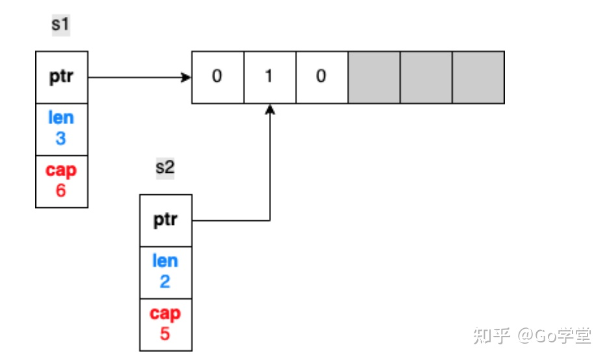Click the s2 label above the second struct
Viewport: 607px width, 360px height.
coord(165,168)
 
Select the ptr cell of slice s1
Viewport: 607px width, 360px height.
coord(61,77)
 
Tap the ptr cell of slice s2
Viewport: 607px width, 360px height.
coord(166,220)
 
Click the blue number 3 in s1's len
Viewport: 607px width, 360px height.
coord(61,138)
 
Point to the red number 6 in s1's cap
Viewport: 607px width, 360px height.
coord(61,191)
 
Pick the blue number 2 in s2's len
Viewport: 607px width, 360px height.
coord(165,282)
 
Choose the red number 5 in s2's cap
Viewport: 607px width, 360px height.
coord(165,335)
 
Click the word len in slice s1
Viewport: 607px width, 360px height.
coord(61,119)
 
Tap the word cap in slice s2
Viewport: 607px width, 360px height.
coord(165,314)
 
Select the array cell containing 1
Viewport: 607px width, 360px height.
coord(269,77)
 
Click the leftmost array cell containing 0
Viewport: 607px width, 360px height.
coord(217,77)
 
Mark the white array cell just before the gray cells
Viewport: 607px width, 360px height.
coord(321,77)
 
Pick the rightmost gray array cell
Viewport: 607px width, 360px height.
coord(478,77)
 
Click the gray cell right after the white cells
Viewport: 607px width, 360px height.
coord(374,77)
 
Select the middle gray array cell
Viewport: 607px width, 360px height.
coord(426,77)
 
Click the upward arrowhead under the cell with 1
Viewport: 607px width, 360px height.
coord(270,110)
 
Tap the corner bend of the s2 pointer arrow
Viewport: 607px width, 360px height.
coord(270,220)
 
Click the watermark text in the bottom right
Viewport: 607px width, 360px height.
coord(532,336)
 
